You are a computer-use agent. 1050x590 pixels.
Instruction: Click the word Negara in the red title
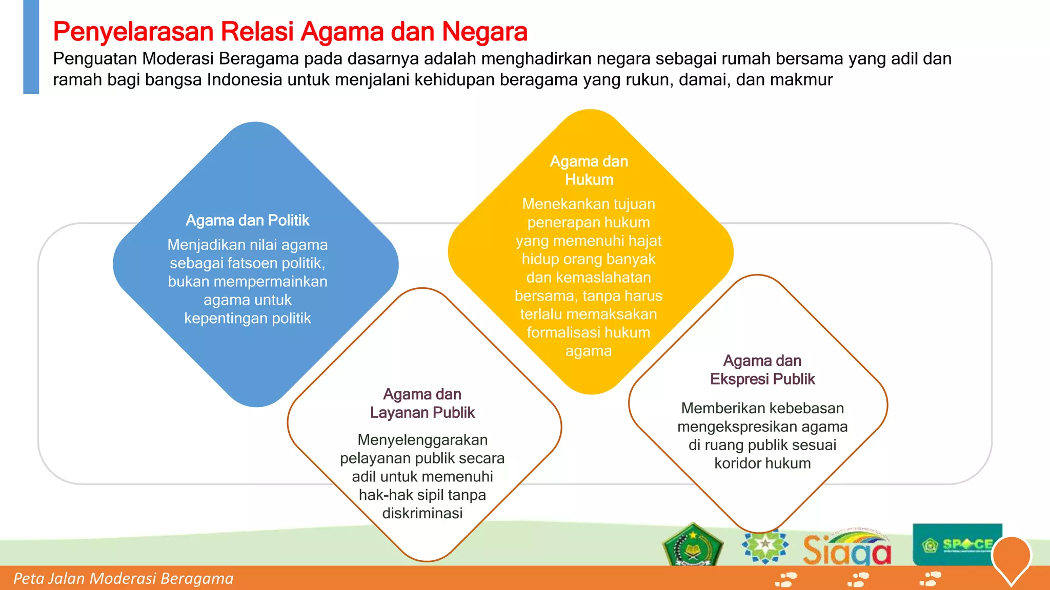point(484,32)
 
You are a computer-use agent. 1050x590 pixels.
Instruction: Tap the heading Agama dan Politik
point(247,220)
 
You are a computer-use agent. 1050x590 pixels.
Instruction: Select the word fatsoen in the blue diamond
point(233,263)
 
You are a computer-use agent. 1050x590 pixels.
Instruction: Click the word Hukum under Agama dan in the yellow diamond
point(589,180)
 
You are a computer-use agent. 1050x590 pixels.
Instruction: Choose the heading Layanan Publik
point(422,413)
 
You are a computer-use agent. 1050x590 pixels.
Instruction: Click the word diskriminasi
point(422,513)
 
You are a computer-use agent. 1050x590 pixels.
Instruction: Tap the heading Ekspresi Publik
point(762,379)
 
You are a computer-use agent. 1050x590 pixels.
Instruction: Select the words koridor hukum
point(762,463)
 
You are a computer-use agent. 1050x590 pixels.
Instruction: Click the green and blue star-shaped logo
point(765,545)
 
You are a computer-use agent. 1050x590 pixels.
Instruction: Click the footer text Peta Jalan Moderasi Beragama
point(123,579)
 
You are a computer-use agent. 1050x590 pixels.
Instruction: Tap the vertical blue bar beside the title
point(31,47)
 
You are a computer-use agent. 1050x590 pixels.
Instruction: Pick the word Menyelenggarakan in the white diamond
point(422,440)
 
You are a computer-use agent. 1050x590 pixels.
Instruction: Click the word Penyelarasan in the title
point(133,32)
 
